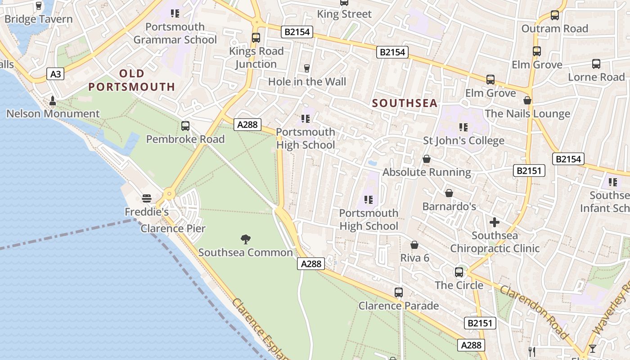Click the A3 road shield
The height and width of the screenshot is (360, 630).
tap(55, 74)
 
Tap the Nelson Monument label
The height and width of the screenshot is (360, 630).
tap(53, 114)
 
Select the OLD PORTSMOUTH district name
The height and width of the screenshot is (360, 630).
tap(131, 80)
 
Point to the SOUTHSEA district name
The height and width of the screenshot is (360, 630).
tap(405, 103)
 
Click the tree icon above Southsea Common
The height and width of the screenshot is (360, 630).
tap(245, 239)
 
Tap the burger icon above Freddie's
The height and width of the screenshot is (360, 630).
tap(146, 198)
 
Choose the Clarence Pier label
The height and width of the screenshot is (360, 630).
tap(173, 229)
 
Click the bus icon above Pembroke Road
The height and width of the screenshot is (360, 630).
tap(185, 126)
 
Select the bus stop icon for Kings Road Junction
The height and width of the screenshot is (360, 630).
tap(256, 38)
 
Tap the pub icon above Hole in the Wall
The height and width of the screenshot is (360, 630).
tap(307, 68)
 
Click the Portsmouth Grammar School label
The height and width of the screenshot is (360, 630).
tap(175, 33)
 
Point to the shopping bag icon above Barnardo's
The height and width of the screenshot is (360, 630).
tap(449, 193)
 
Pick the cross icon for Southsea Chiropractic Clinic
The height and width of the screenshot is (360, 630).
tap(494, 222)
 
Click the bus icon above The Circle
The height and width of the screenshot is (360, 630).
tap(459, 272)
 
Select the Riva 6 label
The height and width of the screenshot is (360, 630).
tap(414, 258)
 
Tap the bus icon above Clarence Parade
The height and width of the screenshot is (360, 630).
tap(398, 292)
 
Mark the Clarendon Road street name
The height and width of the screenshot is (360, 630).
tap(534, 311)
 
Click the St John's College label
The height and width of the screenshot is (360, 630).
tap(463, 141)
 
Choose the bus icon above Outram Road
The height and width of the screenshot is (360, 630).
tap(554, 15)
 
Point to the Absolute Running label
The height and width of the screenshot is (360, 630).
tap(427, 172)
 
